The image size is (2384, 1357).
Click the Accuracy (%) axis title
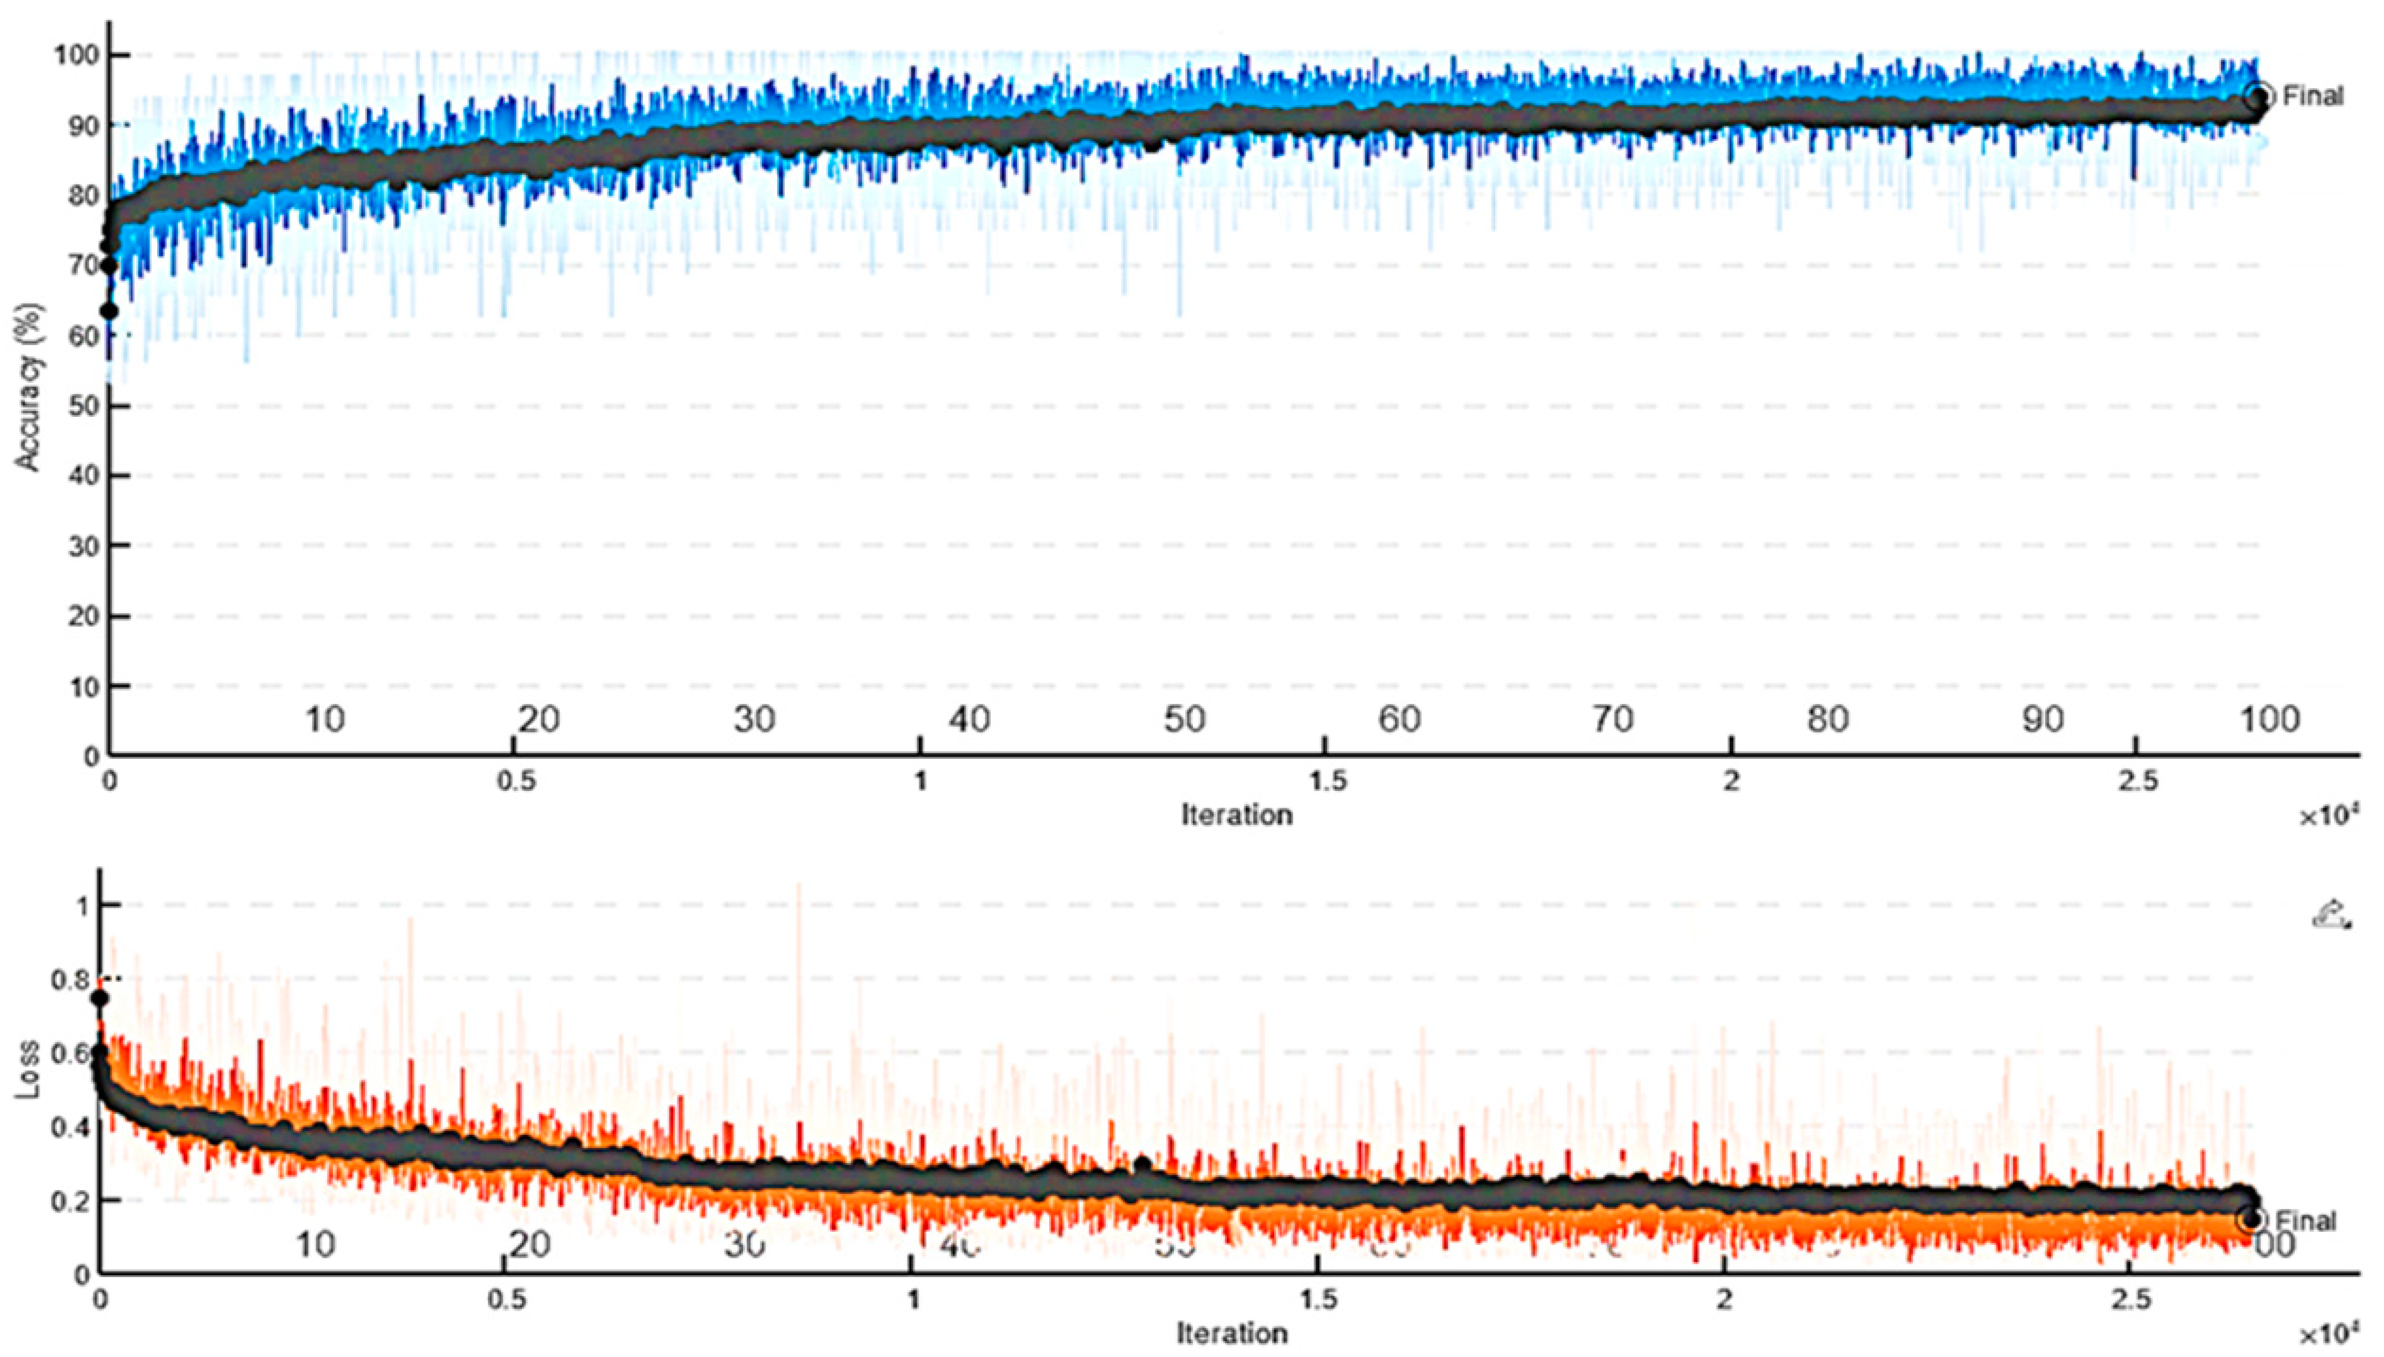[30, 387]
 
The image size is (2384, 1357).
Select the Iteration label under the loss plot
[1231, 1333]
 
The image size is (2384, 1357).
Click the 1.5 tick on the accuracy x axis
[1326, 781]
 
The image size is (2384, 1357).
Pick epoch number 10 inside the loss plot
[316, 1244]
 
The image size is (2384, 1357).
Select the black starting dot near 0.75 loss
[99, 998]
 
